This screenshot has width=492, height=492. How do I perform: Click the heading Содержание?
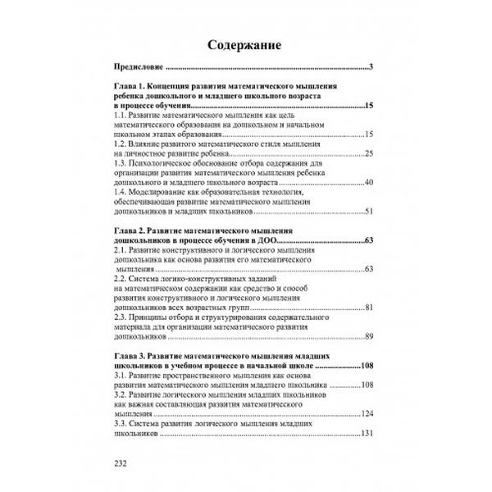pyautogui.click(x=245, y=43)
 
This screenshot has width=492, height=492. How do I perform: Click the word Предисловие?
pyautogui.click(x=138, y=67)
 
